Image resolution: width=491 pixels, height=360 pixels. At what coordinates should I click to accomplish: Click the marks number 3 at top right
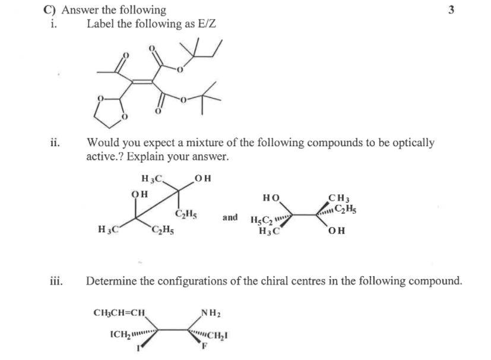coord(452,10)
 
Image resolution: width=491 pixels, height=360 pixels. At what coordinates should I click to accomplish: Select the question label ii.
coord(55,143)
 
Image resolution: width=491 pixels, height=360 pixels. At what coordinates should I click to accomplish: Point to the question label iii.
coord(57,280)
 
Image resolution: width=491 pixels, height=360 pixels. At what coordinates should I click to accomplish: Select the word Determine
coord(113,280)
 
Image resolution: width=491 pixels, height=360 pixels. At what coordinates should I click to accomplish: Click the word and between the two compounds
coord(230,217)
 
